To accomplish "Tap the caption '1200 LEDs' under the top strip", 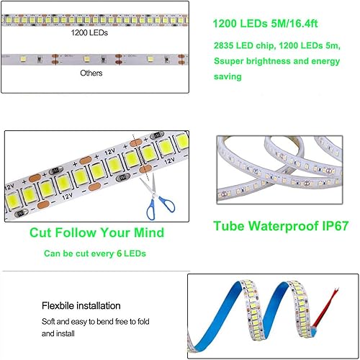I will pos(90,33).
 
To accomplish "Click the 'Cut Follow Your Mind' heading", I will pos(96,233).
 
